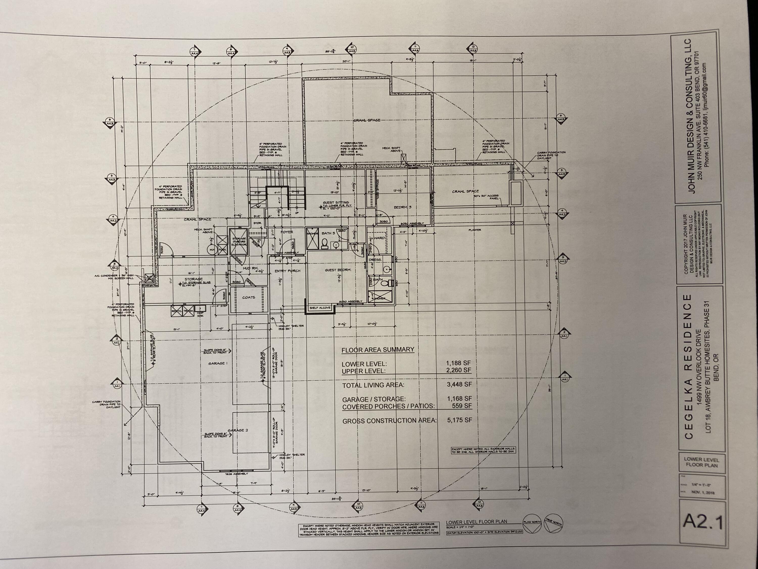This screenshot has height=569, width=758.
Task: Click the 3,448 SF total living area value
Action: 459,384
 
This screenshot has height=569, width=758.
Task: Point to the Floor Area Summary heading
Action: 378,349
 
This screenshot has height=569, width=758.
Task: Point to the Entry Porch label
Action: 287,271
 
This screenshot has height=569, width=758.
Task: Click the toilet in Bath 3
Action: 324,244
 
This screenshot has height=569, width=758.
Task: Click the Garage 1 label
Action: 218,363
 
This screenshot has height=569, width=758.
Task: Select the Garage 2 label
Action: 238,430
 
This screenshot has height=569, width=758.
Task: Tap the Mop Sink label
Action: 200,314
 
